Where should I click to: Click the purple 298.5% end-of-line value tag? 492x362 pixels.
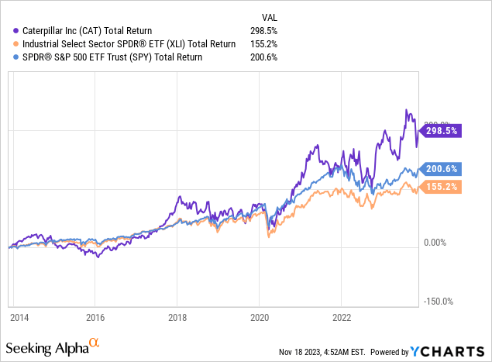click(x=441, y=131)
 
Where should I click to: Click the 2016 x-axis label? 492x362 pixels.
click(x=95, y=317)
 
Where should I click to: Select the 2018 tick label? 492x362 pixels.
click(x=177, y=317)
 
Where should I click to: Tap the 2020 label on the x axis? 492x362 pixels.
click(x=260, y=317)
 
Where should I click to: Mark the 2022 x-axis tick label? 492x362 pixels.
click(x=342, y=317)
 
